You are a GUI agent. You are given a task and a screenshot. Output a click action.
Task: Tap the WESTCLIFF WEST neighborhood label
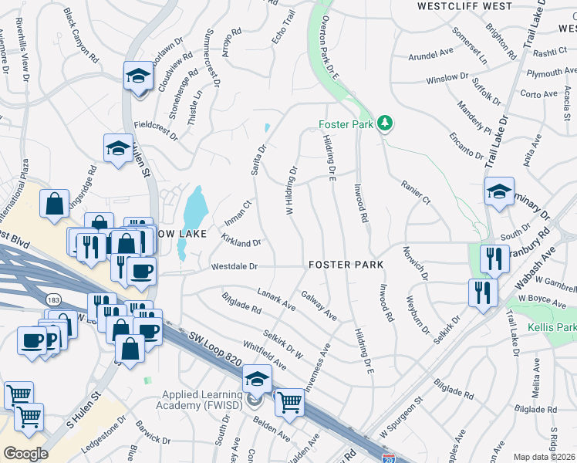[464, 6]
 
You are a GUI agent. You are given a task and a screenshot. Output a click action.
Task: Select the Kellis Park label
[552, 327]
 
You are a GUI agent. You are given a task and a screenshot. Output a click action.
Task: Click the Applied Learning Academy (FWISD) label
[199, 400]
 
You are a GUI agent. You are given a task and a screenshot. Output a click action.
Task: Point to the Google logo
[25, 453]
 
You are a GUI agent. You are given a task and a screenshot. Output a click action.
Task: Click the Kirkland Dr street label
[241, 242]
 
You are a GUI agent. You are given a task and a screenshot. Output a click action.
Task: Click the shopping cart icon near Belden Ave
[288, 401]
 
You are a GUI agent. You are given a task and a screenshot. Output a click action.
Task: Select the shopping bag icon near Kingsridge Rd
[55, 205]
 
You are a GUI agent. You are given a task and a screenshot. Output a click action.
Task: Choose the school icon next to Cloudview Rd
[138, 77]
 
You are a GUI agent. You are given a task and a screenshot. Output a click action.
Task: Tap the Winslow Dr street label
[447, 79]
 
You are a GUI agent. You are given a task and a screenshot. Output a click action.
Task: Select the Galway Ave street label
[319, 306]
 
